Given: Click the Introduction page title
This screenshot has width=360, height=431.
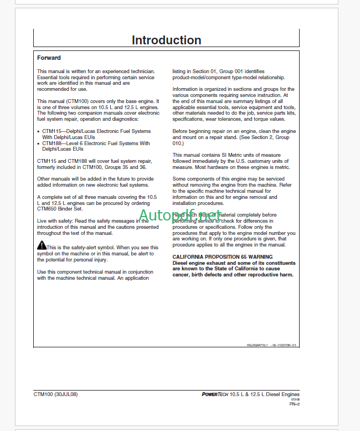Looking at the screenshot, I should coord(166,40).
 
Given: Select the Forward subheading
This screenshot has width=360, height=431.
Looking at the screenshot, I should coord(49,58).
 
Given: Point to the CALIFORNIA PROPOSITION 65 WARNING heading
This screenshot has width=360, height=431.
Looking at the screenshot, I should coord(222,257).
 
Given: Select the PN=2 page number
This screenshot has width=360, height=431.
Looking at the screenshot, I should coord(294,404).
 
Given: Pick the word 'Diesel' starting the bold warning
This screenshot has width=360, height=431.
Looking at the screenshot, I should coord(181,263).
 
